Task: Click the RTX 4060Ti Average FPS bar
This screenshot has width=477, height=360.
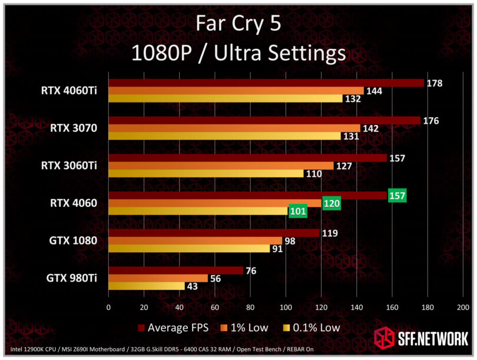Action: [265, 83]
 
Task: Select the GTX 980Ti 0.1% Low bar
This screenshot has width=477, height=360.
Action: [146, 286]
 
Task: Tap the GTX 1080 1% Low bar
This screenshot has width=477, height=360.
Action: [195, 240]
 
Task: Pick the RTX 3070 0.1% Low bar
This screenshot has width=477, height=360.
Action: [224, 136]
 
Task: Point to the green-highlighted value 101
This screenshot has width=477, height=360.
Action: [297, 211]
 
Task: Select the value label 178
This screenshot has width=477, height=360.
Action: [435, 83]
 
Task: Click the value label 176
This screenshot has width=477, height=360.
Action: [432, 121]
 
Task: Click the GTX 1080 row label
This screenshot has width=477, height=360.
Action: [73, 241]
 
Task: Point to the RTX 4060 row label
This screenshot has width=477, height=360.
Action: [73, 203]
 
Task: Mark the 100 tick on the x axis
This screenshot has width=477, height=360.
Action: [286, 307]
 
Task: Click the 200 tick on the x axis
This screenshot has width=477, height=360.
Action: [463, 307]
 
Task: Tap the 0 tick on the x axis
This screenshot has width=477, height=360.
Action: [108, 307]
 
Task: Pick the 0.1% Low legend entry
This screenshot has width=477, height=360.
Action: [311, 328]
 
